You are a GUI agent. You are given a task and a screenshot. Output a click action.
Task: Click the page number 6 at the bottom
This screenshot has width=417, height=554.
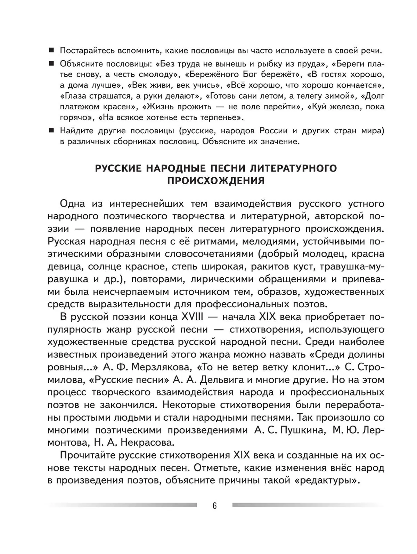tap(214, 506)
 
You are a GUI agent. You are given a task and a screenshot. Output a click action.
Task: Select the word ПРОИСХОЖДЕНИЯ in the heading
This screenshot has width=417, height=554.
tap(216, 181)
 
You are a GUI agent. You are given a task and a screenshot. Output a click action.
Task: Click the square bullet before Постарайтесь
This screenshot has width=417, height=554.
tap(51, 50)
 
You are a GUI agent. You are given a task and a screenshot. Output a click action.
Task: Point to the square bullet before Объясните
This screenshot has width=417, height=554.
tap(51, 64)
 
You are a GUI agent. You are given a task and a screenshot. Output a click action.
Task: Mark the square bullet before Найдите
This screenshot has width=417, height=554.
tap(51, 131)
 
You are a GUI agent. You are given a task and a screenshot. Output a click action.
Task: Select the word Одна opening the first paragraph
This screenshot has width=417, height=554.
tap(72, 203)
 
